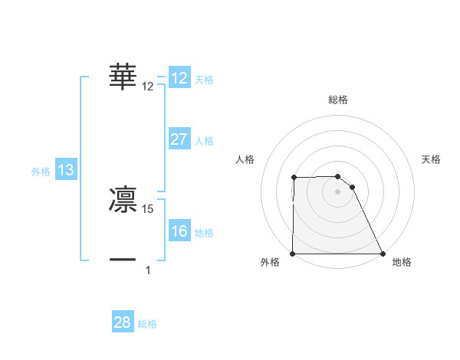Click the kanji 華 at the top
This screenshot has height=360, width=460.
pos(123,77)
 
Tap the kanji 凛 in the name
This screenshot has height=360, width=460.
pos(123,198)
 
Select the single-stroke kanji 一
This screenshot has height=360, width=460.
pos(123,260)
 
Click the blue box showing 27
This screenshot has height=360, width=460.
pos(179,139)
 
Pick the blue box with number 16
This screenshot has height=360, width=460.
pos(179,231)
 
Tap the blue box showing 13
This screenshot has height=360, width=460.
pos(66,170)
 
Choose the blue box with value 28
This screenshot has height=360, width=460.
pos(123,322)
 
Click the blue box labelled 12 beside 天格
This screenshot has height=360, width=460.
pos(179,78)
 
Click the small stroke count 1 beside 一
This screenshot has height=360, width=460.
pos(148,270)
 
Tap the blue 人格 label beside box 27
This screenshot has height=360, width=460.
pos(204,141)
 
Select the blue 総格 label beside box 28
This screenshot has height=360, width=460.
pos(147,324)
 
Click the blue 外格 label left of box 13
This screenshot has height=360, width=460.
pos(41,172)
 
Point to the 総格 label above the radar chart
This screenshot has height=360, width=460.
pos(338,100)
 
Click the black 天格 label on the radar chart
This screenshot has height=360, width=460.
pos(432,159)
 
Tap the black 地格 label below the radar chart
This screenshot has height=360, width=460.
pos(402,263)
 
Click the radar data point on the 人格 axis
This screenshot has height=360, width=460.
pos(294,178)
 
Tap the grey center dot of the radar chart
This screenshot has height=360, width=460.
pos(338,191)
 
